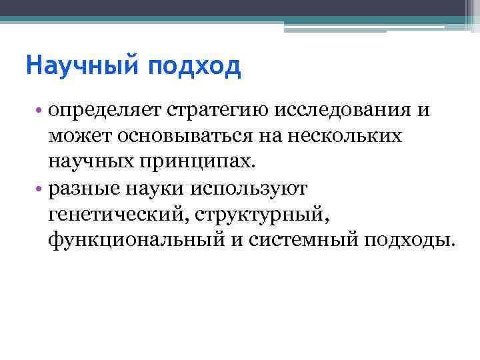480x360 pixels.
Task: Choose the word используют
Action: [248, 188]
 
